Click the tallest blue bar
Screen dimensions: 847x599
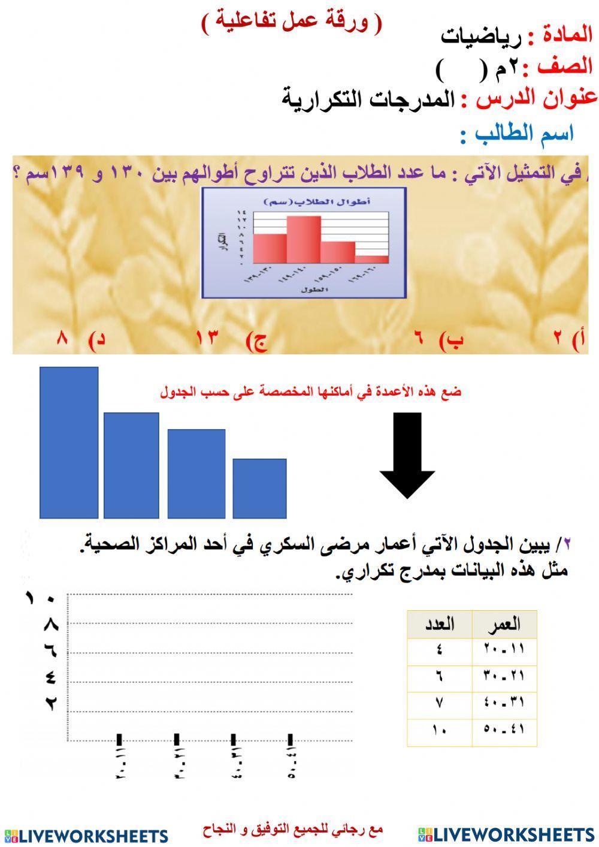pyautogui.click(x=69, y=442)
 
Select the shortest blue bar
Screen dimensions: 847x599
pyautogui.click(x=259, y=488)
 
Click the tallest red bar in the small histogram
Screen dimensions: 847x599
pyautogui.click(x=304, y=239)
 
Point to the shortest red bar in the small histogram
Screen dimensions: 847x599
pyautogui.click(x=371, y=259)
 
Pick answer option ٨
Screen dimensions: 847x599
pyautogui.click(x=63, y=339)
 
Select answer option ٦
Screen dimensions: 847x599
pyautogui.click(x=419, y=339)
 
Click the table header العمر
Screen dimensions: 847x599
pyautogui.click(x=504, y=625)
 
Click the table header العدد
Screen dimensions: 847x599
pyautogui.click(x=439, y=625)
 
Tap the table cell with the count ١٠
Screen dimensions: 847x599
pyautogui.click(x=439, y=731)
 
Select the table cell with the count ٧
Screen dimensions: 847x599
pyautogui.click(x=439, y=704)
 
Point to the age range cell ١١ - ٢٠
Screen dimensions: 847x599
pyautogui.click(x=504, y=649)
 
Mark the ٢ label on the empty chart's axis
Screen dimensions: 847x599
pyautogui.click(x=50, y=704)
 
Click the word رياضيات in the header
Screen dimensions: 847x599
pyautogui.click(x=481, y=37)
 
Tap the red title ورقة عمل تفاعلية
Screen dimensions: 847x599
pyautogui.click(x=291, y=22)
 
